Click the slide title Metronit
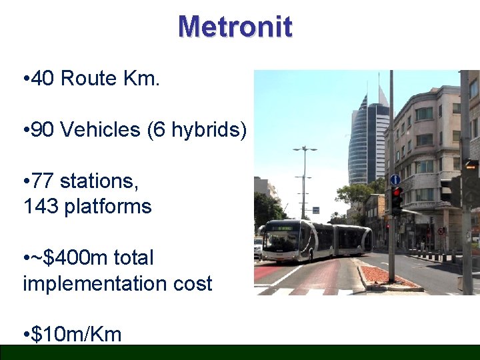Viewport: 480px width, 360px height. coord(235,27)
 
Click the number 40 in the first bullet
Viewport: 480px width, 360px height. coord(43,79)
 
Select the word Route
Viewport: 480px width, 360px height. coord(89,79)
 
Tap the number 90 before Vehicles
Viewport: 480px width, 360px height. coord(43,129)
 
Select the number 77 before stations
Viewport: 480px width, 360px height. coord(43,181)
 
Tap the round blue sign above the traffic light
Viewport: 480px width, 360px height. coord(395,179)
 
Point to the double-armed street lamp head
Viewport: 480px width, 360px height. coord(305,149)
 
